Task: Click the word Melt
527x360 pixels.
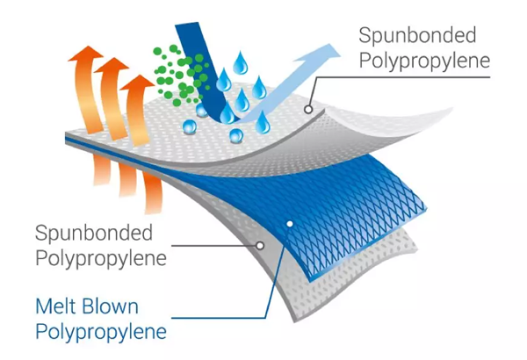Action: click(x=57, y=308)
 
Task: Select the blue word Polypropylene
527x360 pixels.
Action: click(x=101, y=333)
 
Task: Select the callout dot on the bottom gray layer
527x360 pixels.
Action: click(x=260, y=247)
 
